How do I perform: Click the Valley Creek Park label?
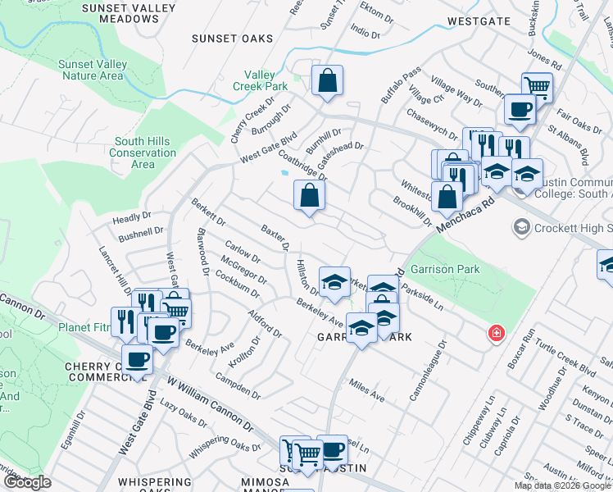coord(259,80)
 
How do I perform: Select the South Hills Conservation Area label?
coord(143,153)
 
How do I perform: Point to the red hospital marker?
coord(496,333)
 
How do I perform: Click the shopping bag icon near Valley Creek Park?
coord(327,81)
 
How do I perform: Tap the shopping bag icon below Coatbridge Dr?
coord(310,196)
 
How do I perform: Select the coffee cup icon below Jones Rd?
coord(519,108)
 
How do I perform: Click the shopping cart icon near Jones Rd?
coord(538,85)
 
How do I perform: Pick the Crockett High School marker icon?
coord(520,226)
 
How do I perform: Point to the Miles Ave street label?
coord(366,390)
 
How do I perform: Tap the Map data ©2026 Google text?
coord(562,485)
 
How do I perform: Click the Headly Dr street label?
coord(133,220)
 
